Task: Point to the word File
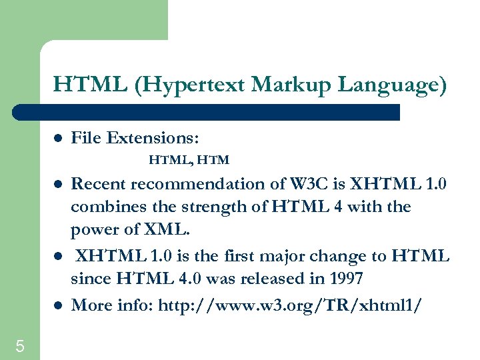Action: (85, 138)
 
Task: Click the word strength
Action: (204, 207)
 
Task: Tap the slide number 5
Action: (20, 346)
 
